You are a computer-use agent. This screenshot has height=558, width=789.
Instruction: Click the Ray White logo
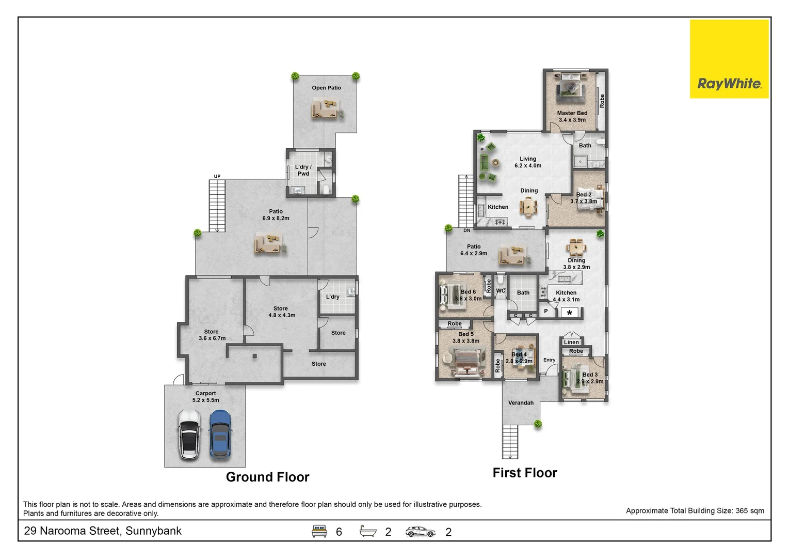click(729, 59)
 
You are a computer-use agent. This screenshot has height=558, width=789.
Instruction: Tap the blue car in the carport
click(220, 435)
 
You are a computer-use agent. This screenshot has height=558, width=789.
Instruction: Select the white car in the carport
click(189, 435)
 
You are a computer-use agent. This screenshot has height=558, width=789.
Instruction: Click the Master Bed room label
click(572, 113)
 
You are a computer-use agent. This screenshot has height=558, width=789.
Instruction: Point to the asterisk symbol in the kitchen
click(570, 313)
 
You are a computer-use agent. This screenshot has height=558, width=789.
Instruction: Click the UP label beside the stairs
click(217, 176)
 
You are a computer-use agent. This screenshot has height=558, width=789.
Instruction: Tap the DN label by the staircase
click(466, 230)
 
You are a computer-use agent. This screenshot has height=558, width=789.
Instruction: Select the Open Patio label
click(326, 88)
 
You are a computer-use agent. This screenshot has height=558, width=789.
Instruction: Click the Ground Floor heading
click(268, 477)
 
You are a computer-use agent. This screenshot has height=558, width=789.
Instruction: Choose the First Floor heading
click(525, 473)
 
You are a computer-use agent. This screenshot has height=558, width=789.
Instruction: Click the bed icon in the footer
click(319, 531)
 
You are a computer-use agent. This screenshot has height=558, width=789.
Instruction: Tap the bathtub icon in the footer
click(368, 531)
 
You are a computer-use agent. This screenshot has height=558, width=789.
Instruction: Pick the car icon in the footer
click(421, 532)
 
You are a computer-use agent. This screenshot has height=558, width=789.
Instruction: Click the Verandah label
click(521, 403)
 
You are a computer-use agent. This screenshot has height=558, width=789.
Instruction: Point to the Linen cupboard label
click(571, 342)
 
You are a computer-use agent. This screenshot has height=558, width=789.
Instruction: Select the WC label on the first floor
click(501, 291)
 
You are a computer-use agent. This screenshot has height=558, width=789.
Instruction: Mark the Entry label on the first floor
click(549, 360)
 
